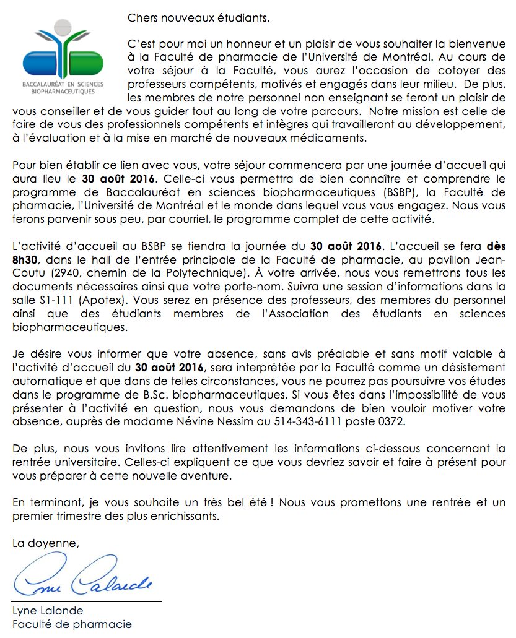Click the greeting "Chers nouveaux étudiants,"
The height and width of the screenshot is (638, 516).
pyautogui.click(x=198, y=17)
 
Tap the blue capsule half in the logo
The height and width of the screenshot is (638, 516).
pyautogui.click(x=41, y=63)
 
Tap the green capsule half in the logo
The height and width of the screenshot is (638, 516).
pyautogui.click(x=87, y=63)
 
